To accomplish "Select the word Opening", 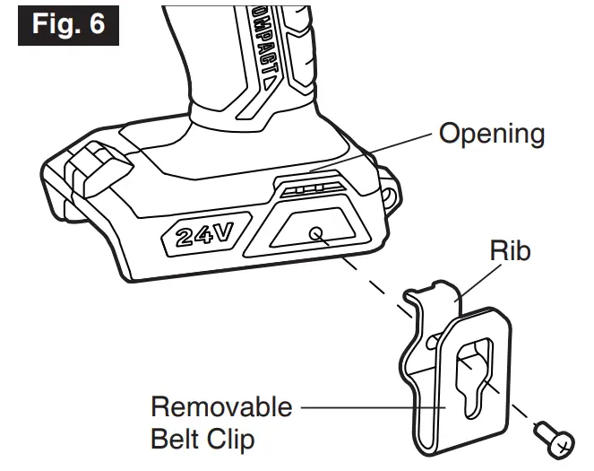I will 491,135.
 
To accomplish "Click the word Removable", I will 220,406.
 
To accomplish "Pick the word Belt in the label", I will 176,440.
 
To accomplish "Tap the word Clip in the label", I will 232,440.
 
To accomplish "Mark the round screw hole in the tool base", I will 316,234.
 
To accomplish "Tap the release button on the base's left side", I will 93,172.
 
